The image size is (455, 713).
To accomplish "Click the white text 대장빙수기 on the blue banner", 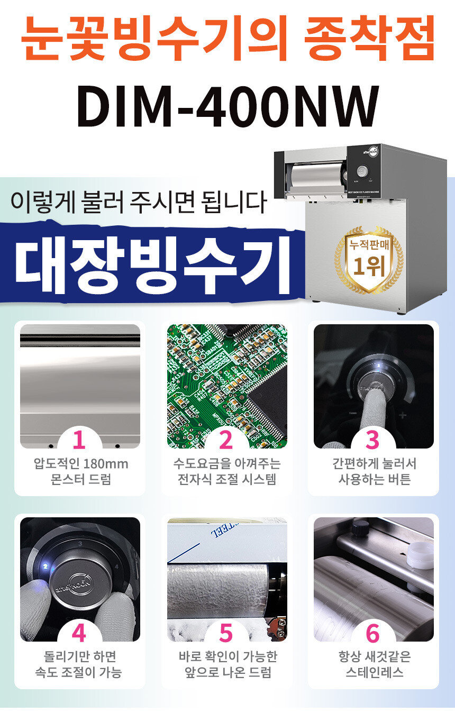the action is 152,264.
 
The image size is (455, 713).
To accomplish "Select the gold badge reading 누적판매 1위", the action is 369,260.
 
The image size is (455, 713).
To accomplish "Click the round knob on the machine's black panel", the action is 362,171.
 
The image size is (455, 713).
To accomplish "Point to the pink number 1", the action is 79,440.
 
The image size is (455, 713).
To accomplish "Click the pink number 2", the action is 226,440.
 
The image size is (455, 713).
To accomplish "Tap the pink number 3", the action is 373,440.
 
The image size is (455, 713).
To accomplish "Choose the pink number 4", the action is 79,633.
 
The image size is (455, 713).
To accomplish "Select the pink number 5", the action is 226,633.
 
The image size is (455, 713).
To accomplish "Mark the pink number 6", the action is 373,633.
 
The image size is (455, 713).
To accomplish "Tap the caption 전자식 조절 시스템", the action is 226,479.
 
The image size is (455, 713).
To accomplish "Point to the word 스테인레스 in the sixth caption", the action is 375,672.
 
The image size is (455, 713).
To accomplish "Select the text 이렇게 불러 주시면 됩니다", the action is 139,202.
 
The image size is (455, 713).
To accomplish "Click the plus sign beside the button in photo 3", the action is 403,415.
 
